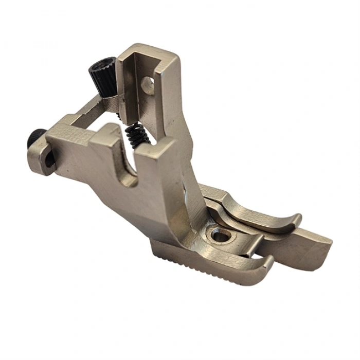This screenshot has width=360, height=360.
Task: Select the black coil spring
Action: click(137, 134)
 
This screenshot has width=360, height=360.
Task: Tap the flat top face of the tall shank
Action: click(149, 51)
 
